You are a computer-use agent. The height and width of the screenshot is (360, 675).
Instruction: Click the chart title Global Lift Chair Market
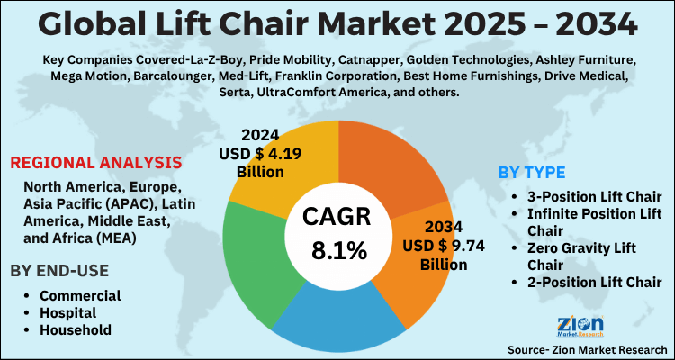pos(337,23)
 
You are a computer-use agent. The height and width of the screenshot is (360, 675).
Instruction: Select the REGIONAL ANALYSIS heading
pos(95,163)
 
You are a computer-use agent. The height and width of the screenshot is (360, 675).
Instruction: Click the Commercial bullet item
pos(79,295)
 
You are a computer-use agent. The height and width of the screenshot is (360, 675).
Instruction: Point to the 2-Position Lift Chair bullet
pos(595,282)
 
